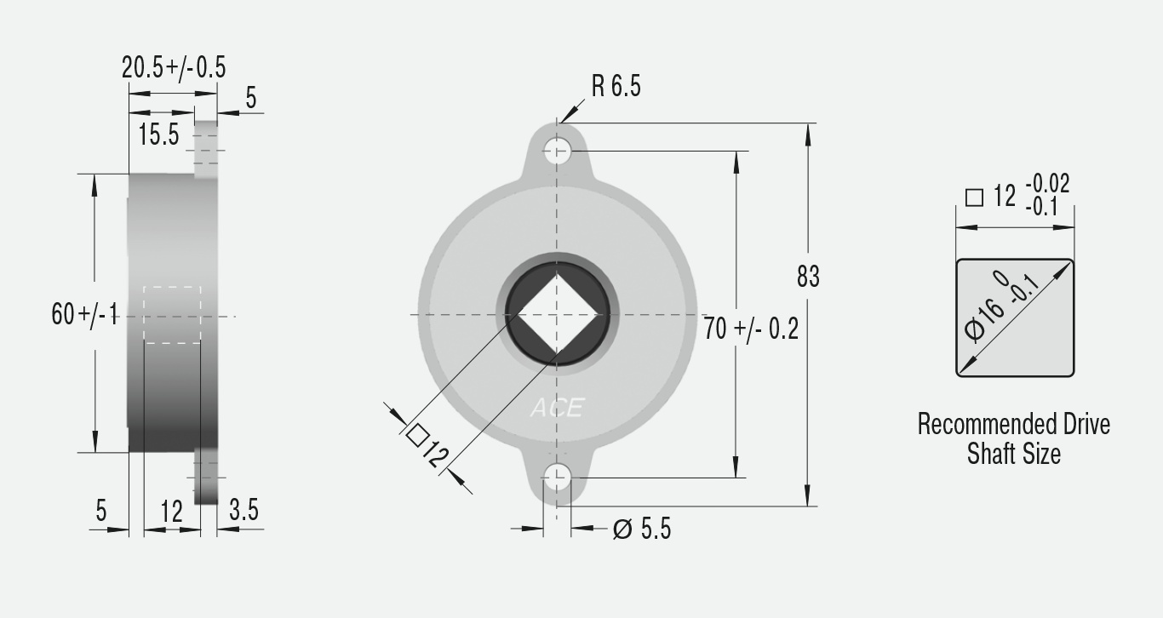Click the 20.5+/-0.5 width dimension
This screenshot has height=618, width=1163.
[174, 68]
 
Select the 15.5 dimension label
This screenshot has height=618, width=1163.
[158, 134]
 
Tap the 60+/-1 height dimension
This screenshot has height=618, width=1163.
[84, 314]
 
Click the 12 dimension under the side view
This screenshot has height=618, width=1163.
[171, 512]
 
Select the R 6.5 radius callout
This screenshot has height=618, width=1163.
[616, 86]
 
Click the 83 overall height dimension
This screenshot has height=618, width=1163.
[808, 277]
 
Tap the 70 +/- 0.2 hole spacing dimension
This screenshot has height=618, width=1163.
[751, 329]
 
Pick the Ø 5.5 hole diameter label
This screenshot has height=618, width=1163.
[642, 529]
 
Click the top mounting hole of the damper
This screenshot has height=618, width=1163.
[557, 152]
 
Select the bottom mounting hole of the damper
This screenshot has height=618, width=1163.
[557, 478]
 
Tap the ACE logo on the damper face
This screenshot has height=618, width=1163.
[557, 409]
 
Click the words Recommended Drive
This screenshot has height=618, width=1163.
[1013, 424]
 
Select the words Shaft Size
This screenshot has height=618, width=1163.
[1013, 454]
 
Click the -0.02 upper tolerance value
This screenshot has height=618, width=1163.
[1047, 184]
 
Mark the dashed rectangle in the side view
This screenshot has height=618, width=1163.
[172, 315]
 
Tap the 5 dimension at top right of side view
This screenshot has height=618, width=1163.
[250, 98]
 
